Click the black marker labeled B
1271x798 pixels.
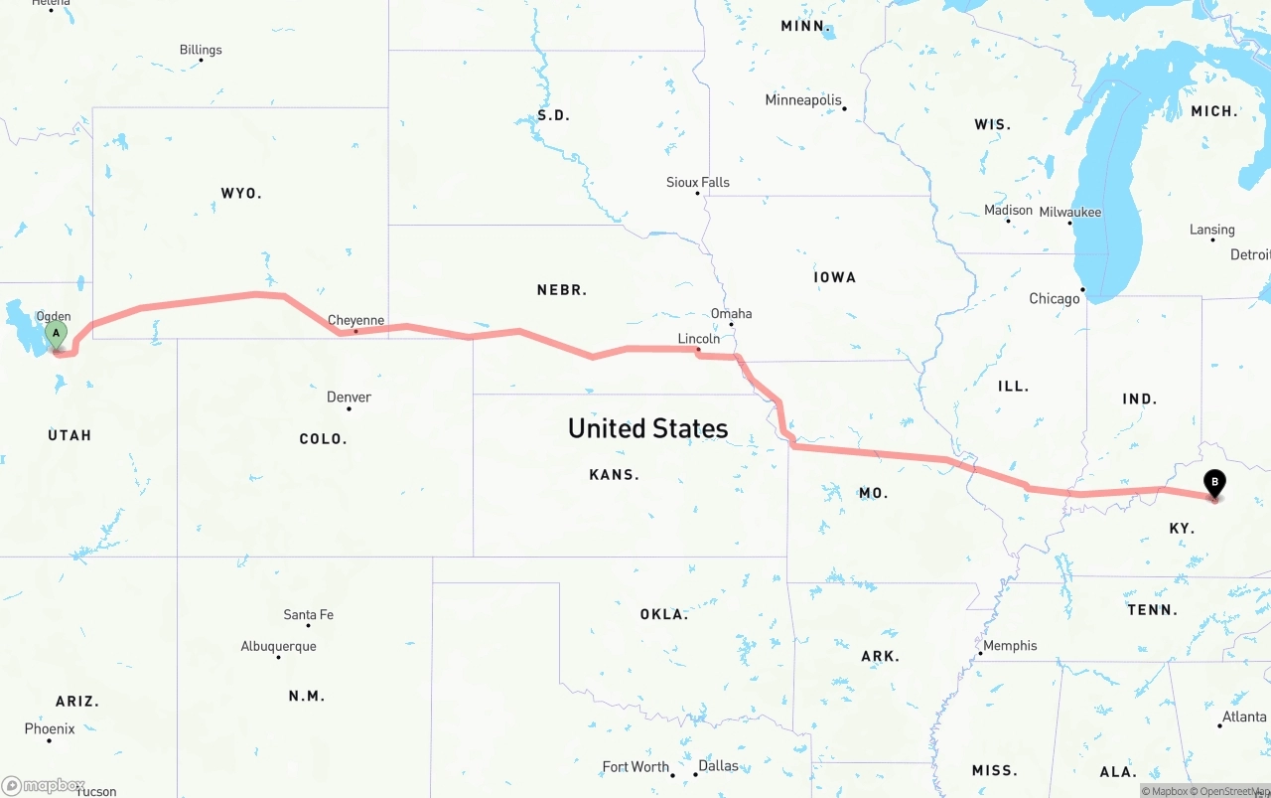click(x=1214, y=484)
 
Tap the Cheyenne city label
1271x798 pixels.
click(x=355, y=320)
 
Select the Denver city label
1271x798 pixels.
click(x=349, y=397)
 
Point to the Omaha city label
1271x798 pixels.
click(x=731, y=313)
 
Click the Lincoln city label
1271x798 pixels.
click(x=698, y=339)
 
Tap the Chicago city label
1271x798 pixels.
click(x=1054, y=298)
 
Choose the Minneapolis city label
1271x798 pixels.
click(x=802, y=99)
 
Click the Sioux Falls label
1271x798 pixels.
click(x=697, y=182)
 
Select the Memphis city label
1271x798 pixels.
click(x=1010, y=645)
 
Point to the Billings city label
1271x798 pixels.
click(x=201, y=50)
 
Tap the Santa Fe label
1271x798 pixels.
click(x=308, y=614)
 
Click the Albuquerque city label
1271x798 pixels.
click(x=278, y=646)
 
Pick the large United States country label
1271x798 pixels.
click(x=647, y=428)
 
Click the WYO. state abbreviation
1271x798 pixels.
click(x=241, y=193)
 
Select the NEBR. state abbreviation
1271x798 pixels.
click(x=562, y=290)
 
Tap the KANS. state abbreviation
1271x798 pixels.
click(x=614, y=475)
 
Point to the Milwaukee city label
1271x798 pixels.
click(x=1069, y=212)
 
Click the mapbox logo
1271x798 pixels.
click(x=45, y=785)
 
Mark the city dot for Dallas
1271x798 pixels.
click(x=691, y=775)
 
